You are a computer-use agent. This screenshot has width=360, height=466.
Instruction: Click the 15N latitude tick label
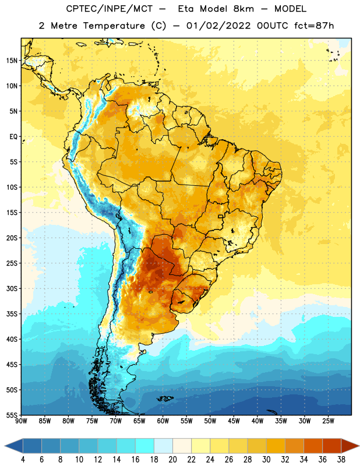pos(12,61)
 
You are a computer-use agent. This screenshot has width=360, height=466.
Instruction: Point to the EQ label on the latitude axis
pos(13,137)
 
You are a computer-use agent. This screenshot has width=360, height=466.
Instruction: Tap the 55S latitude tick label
pos(12,415)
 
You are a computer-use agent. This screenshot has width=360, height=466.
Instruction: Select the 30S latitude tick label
pos(12,288)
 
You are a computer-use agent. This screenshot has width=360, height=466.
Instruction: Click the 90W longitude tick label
pos(21,421)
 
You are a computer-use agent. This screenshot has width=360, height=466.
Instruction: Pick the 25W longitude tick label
pos(328,421)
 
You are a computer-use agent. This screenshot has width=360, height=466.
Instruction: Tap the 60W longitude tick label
pos(163,421)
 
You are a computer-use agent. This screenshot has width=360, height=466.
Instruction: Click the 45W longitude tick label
pos(234,421)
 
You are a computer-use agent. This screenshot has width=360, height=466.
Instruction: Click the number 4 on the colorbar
pos(23,460)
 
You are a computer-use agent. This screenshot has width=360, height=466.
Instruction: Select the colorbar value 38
pos(341,460)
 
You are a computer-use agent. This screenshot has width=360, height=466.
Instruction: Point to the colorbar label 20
pos(172,460)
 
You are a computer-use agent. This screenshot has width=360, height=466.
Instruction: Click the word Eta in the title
pos(186,9)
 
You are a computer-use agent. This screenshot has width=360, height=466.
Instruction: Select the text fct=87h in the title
pos(314,26)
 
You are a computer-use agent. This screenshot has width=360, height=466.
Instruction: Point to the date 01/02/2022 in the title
pos(219,26)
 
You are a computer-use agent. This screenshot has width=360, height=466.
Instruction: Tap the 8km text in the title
pos(243,9)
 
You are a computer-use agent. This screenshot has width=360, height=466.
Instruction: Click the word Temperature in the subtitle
pos(114,26)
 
